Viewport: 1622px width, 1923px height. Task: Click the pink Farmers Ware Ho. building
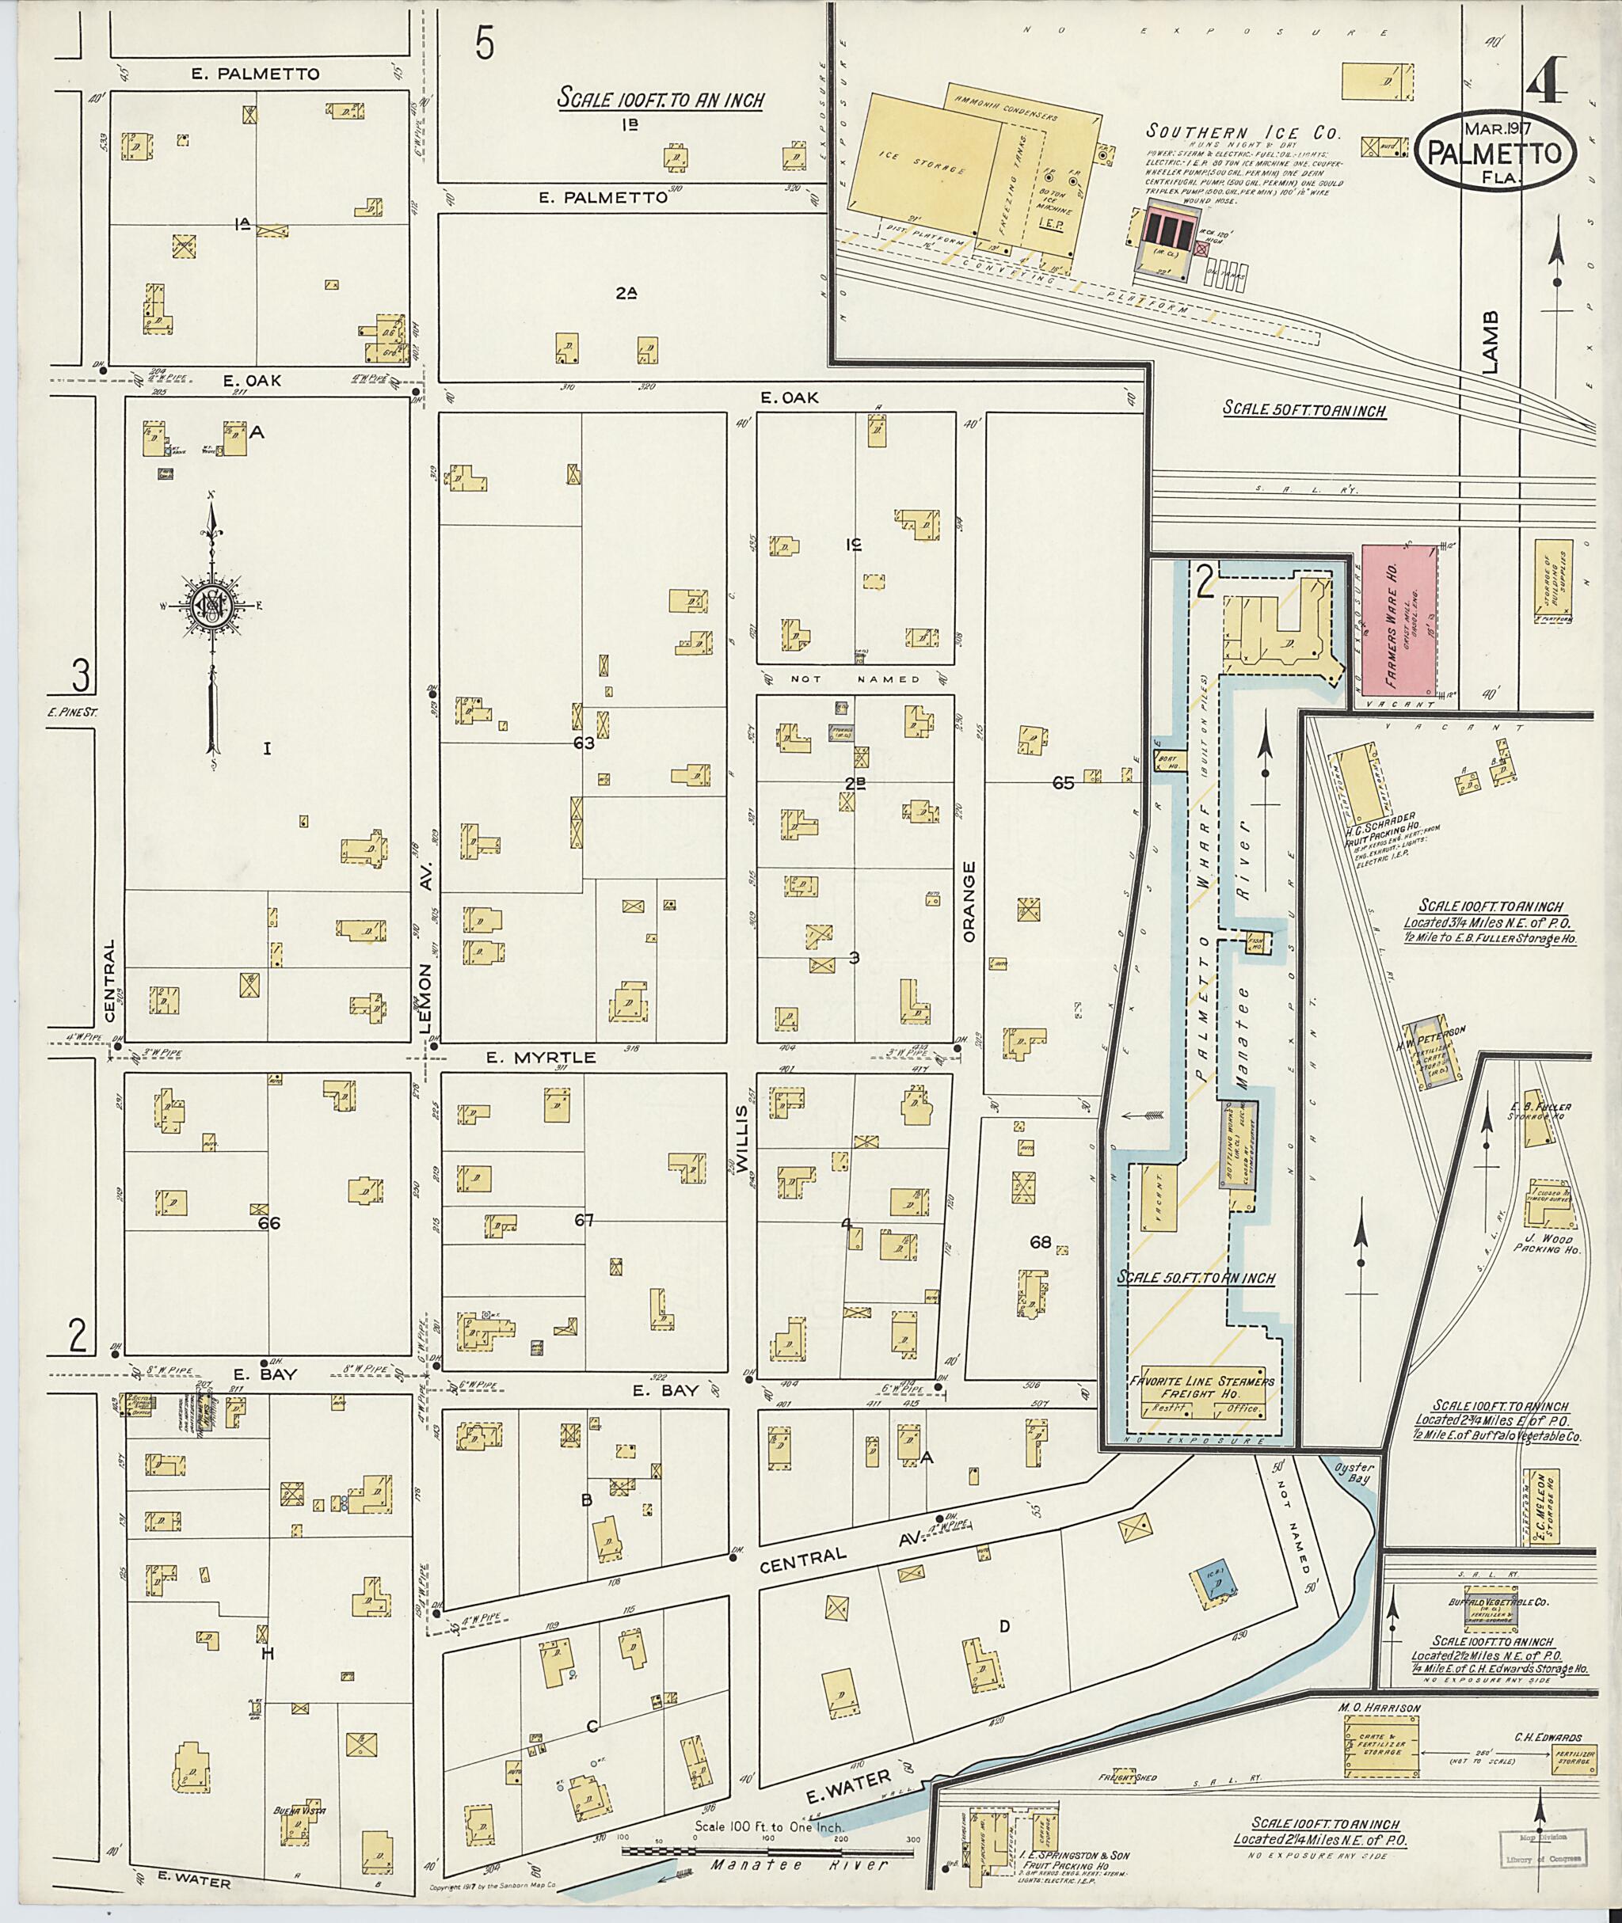(1398, 620)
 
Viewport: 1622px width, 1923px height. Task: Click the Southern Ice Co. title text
(1243, 131)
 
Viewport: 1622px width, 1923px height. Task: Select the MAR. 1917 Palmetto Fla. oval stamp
(1496, 150)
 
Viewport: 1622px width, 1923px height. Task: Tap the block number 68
(1040, 1242)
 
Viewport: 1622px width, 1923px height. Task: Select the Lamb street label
(1491, 342)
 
